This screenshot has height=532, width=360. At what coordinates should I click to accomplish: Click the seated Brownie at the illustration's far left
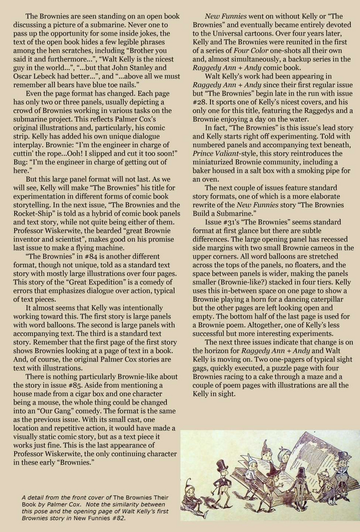193,501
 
